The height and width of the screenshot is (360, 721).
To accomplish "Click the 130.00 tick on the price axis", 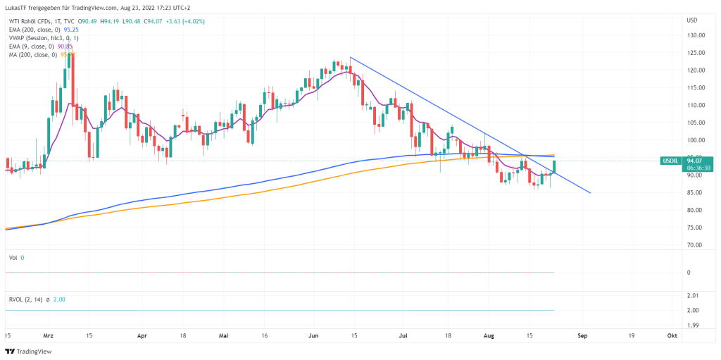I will point(696,35).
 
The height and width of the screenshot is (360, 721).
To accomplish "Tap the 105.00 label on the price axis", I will point(696,123).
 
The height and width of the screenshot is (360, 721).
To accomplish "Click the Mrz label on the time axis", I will point(49,336).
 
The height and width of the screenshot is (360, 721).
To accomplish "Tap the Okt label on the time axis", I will point(672,336).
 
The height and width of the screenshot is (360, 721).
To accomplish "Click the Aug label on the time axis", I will point(489,336).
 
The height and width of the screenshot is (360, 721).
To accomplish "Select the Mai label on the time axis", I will point(225,336).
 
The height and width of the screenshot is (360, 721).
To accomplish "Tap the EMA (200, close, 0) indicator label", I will point(31,30).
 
